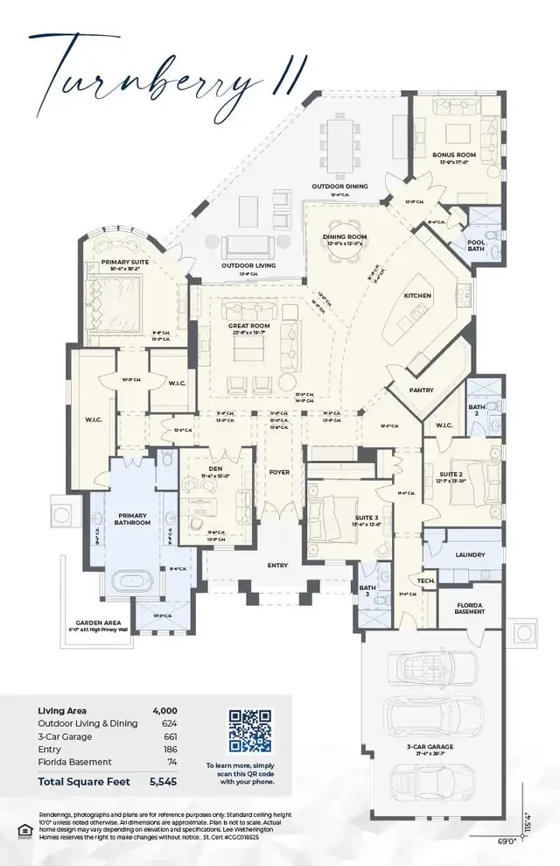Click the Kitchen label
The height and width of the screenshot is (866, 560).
tap(417, 296)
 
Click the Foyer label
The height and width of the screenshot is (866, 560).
tap(279, 472)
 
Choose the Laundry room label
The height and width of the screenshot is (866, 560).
tap(469, 554)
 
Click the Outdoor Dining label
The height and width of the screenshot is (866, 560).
tap(340, 187)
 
